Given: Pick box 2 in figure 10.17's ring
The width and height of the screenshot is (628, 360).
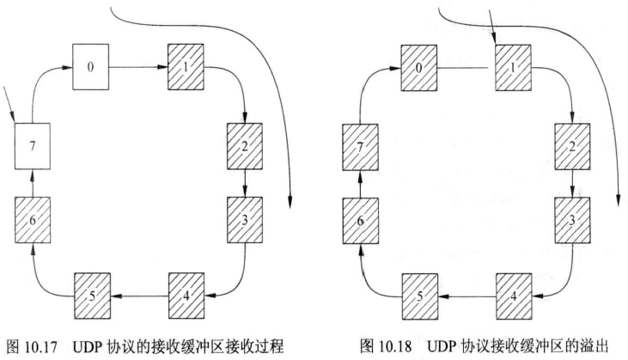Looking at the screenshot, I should pyautogui.click(x=243, y=145).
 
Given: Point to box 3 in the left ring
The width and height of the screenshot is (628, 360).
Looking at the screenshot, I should pyautogui.click(x=245, y=220).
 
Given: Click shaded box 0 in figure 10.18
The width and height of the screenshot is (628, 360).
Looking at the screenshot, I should pyautogui.click(x=419, y=65).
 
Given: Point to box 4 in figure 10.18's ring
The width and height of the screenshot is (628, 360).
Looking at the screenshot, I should pyautogui.click(x=515, y=295).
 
